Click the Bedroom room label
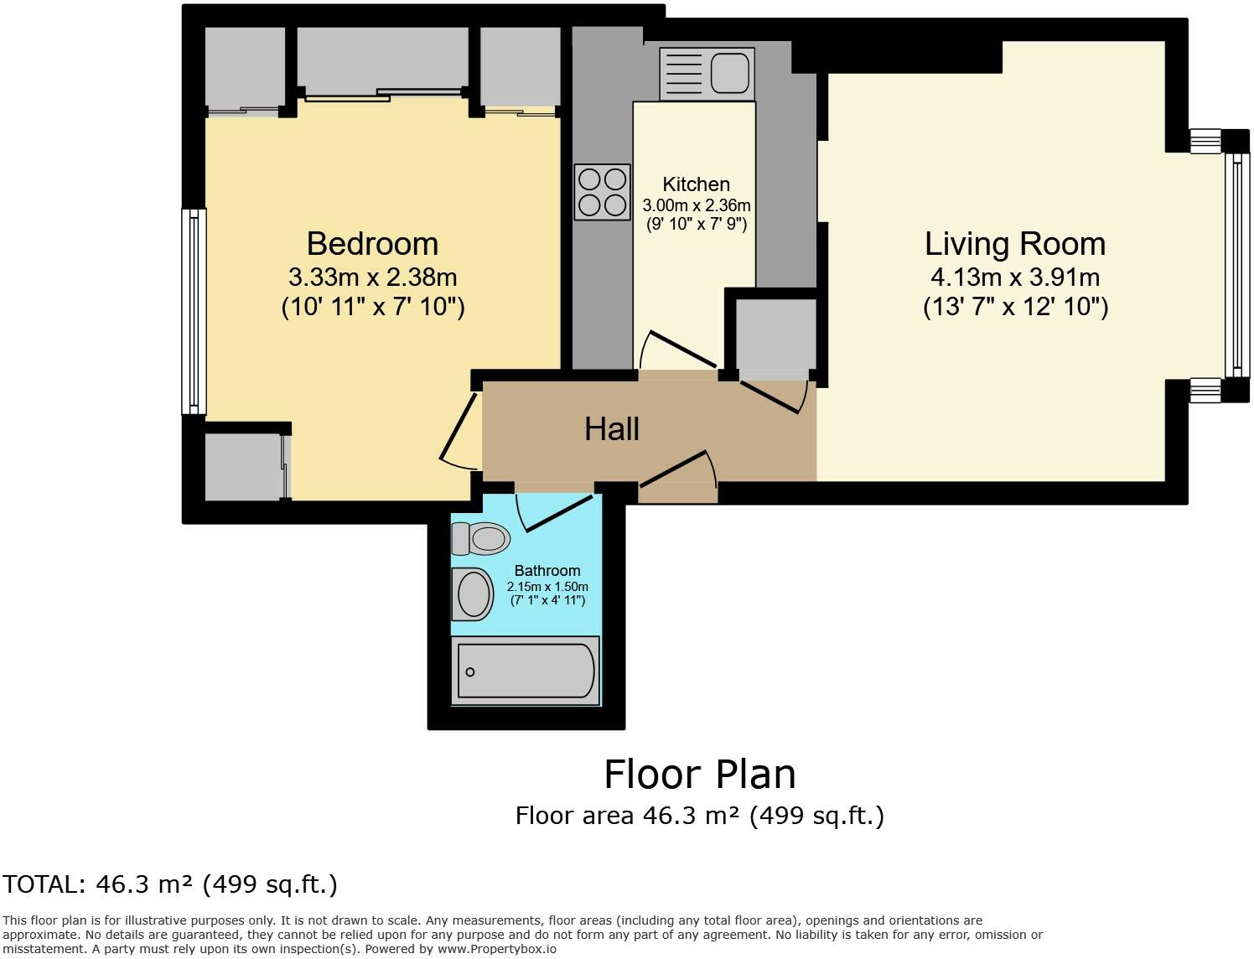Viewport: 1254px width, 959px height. [x=372, y=244]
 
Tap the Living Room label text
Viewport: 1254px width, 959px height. [x=1015, y=245]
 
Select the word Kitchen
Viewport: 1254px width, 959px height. [x=696, y=184]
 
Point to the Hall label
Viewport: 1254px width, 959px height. [x=611, y=429]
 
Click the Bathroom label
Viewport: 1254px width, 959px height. [x=547, y=571]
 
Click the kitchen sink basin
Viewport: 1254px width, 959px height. [x=729, y=75]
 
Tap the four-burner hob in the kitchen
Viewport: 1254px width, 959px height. [x=602, y=193]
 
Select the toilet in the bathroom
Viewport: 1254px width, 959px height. [x=480, y=538]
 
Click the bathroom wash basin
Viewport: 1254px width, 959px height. [x=473, y=594]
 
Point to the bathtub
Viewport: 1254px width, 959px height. [x=526, y=671]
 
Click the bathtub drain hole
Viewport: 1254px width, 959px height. [x=470, y=671]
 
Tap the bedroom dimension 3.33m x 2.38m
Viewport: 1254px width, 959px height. [x=372, y=277]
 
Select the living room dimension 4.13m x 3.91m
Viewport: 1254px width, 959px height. [x=1015, y=277]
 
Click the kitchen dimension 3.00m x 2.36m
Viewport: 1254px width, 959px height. [x=697, y=205]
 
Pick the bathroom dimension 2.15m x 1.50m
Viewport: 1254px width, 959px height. [x=547, y=587]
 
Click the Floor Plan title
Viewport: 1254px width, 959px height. [x=700, y=775]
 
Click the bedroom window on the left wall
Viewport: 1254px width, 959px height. [x=194, y=311]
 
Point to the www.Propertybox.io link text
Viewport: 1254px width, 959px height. [x=496, y=949]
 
